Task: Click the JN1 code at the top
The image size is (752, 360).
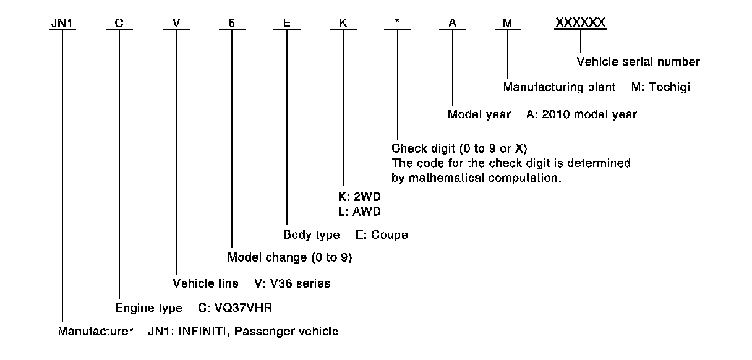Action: click(x=62, y=24)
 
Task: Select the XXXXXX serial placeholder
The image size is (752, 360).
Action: click(x=581, y=23)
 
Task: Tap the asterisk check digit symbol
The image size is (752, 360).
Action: click(x=396, y=24)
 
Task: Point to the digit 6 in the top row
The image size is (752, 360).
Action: click(x=231, y=24)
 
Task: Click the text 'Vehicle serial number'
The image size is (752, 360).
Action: click(x=638, y=62)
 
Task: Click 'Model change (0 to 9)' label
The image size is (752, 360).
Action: click(x=289, y=257)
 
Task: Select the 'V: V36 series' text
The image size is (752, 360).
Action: click(x=292, y=284)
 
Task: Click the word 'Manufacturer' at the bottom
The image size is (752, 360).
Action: click(x=95, y=332)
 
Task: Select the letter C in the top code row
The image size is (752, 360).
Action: click(x=119, y=24)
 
